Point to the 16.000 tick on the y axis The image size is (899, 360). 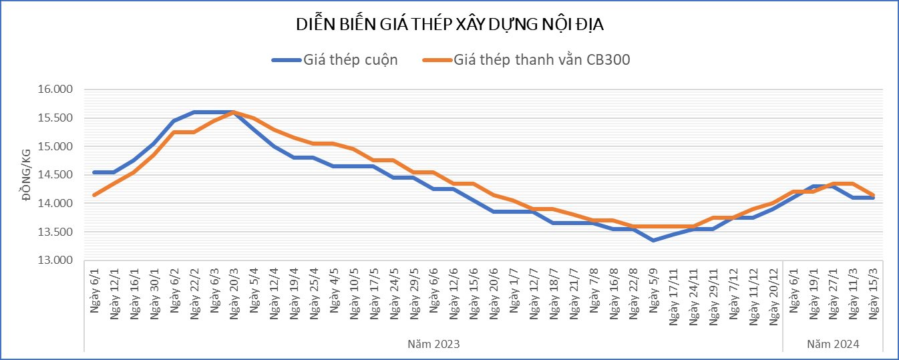click(57, 89)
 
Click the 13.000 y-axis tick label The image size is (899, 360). click(57, 260)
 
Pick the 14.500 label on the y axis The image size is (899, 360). click(57, 175)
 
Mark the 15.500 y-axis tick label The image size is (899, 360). click(57, 118)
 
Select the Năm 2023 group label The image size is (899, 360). click(433, 343)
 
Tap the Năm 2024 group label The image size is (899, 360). click(833, 343)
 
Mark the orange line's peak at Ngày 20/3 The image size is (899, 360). click(234, 112)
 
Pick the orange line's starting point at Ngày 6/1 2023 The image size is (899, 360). click(94, 195)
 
